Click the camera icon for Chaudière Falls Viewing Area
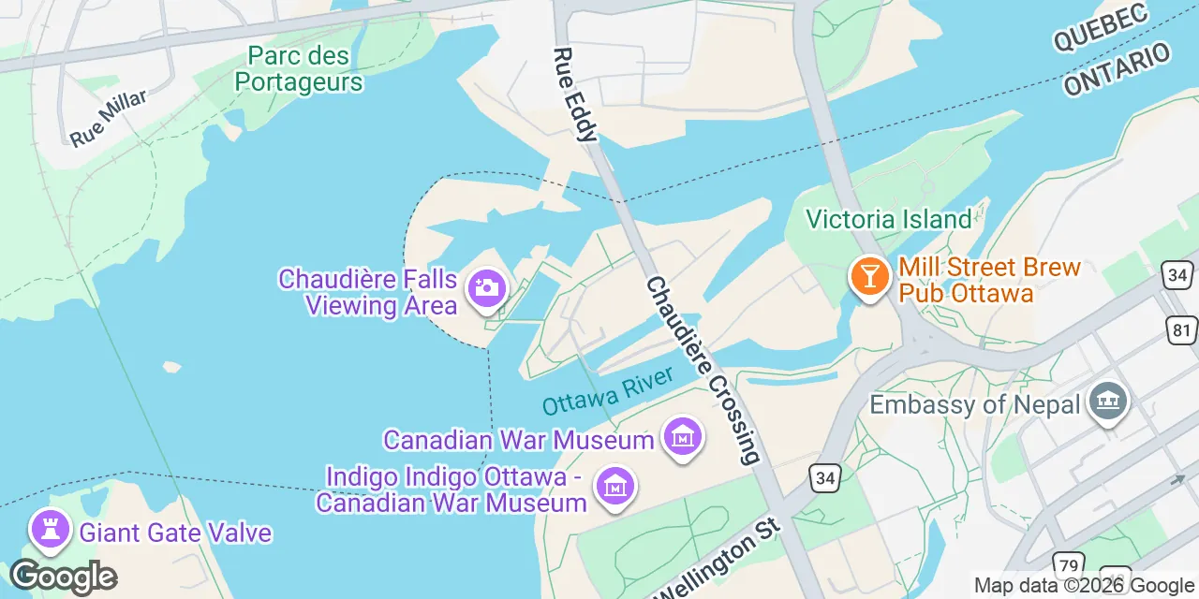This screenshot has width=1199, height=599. click(x=486, y=286)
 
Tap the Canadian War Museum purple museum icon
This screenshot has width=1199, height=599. click(x=682, y=437)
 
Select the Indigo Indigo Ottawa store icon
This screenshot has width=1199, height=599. click(x=615, y=486)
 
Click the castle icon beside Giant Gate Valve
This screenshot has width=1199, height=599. click(x=51, y=530)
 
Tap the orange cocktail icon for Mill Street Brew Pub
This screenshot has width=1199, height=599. click(x=870, y=276)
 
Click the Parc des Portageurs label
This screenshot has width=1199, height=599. click(x=299, y=69)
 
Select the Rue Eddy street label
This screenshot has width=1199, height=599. click(x=574, y=95)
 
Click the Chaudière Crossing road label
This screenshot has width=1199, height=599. click(x=703, y=371)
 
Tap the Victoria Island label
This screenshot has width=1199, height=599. click(x=889, y=220)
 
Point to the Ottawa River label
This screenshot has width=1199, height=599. click(x=608, y=391)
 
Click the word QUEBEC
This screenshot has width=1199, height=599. click(x=1100, y=27)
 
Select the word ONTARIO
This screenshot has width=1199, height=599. click(x=1117, y=69)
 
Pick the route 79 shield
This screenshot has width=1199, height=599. click(x=1068, y=566)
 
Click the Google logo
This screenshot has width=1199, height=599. click(x=63, y=576)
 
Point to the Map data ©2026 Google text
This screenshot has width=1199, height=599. click(x=1084, y=586)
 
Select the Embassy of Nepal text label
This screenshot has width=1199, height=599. click(x=977, y=404)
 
